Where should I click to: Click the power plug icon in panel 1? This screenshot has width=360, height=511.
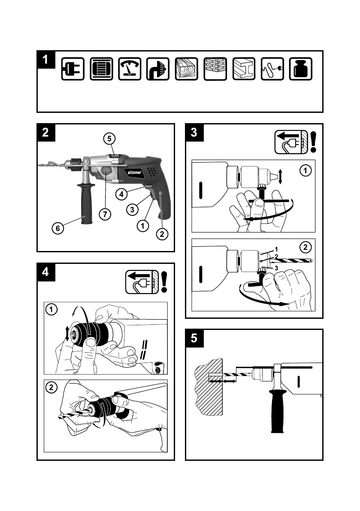tap(73, 69)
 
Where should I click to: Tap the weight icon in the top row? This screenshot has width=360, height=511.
tap(300, 69)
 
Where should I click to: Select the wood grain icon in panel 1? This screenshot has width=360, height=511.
tap(186, 69)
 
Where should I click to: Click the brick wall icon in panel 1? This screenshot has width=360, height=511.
tap(215, 69)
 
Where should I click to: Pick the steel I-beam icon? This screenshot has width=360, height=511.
tap(244, 69)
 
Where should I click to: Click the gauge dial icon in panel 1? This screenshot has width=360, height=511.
tap(130, 69)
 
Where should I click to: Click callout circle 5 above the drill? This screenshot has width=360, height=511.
tap(109, 139)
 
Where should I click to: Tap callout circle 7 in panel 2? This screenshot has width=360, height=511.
tap(105, 214)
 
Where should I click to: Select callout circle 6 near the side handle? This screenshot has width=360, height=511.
tap(57, 228)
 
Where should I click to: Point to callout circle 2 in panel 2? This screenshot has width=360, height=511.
tap(162, 234)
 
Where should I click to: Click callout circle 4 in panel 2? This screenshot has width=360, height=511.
tap(121, 194)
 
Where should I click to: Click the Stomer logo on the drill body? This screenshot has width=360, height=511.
tap(134, 172)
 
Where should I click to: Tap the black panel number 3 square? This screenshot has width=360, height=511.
tap(194, 132)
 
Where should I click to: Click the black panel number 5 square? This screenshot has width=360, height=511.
tap(194, 338)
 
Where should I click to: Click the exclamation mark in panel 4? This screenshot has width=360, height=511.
tap(164, 282)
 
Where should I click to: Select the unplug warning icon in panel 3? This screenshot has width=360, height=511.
tap(291, 142)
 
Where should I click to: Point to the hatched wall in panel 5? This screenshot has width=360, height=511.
tap(209, 387)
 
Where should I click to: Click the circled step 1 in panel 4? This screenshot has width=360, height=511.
tap(51, 309)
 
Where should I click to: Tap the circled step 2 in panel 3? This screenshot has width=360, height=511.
tap(305, 248)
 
